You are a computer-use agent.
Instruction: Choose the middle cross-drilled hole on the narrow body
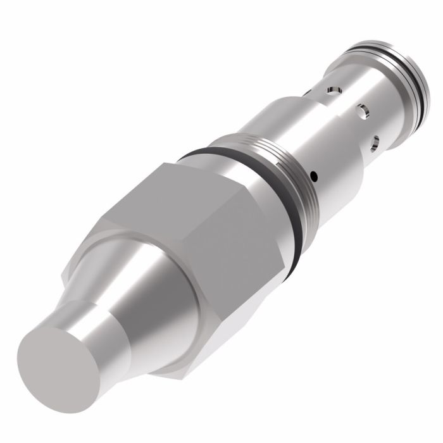362,111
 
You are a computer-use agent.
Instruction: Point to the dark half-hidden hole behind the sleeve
306,94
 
